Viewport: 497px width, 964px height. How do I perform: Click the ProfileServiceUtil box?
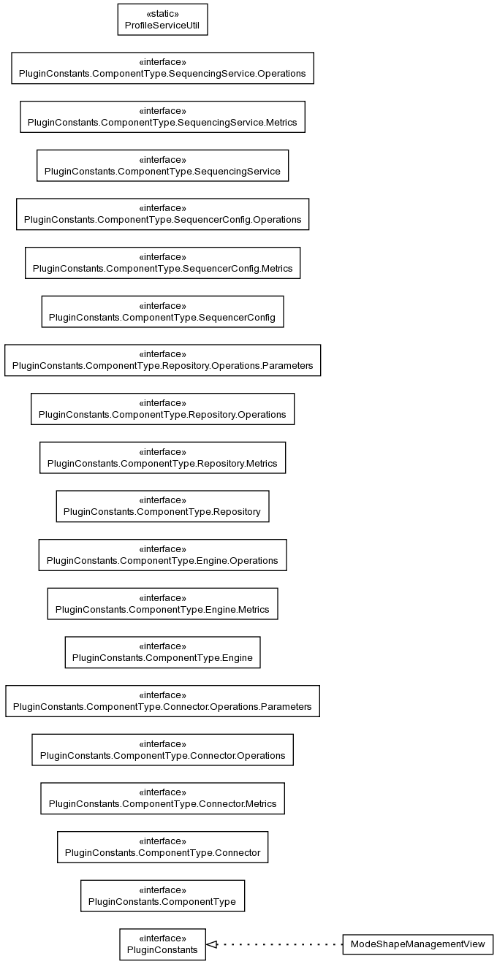[x=162, y=20]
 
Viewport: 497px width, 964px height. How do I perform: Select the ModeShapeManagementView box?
[x=417, y=944]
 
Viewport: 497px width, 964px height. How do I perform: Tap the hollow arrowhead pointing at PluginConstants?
[x=211, y=944]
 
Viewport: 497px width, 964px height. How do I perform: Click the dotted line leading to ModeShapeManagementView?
[x=279, y=944]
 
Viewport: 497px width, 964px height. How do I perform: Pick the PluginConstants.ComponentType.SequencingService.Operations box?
[x=162, y=68]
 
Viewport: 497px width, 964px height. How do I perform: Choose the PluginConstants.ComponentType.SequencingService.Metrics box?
[x=162, y=117]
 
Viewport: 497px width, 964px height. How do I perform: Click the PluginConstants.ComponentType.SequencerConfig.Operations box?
[x=162, y=214]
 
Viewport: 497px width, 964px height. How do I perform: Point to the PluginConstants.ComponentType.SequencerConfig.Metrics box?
[x=162, y=262]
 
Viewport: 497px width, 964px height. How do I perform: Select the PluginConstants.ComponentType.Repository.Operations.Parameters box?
[x=162, y=360]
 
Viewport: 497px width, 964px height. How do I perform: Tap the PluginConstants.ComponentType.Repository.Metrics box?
[x=162, y=457]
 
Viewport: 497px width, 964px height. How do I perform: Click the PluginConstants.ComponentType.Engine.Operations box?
[x=162, y=555]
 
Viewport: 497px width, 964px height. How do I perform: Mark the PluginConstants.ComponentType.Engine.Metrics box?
[x=162, y=603]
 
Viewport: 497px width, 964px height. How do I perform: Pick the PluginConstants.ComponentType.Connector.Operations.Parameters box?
[x=162, y=700]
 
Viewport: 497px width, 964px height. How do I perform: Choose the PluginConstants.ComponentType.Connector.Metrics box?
[x=162, y=798]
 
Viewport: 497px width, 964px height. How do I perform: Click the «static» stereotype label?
[x=162, y=14]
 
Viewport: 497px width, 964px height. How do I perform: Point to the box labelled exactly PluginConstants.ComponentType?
[x=162, y=895]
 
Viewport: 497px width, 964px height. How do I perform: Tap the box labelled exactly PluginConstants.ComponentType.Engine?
[x=162, y=652]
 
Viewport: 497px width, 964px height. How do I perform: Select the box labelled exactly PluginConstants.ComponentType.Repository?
[x=162, y=506]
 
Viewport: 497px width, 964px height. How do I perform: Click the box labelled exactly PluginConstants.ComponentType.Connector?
[x=162, y=846]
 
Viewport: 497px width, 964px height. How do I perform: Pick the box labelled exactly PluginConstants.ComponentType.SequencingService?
[x=162, y=165]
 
